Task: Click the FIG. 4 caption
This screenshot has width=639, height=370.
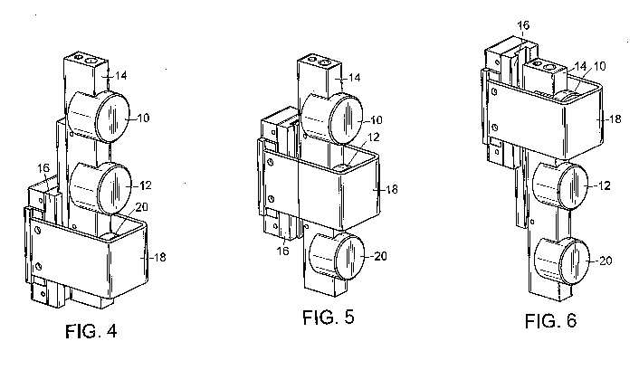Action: (91, 331)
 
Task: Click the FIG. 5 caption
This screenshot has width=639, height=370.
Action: (329, 317)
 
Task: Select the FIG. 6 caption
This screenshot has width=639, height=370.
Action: (551, 321)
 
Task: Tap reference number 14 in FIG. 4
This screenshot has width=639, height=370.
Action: (120, 75)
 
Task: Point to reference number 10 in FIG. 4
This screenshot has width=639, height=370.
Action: (143, 119)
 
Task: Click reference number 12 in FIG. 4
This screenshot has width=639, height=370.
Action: (145, 185)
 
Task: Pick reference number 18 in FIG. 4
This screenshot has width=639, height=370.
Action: (159, 258)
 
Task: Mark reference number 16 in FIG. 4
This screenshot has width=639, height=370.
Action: (43, 168)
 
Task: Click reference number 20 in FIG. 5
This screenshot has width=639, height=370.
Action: (380, 256)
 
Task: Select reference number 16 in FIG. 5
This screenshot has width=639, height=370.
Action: (282, 251)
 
